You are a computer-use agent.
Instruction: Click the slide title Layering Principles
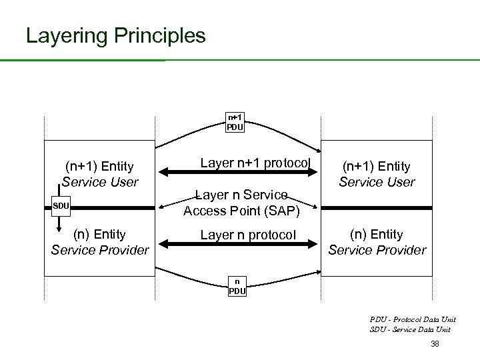coord(115,35)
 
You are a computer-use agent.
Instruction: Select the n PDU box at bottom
coord(236,287)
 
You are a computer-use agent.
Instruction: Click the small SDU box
coord(61,205)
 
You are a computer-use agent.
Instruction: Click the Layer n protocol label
coord(248,235)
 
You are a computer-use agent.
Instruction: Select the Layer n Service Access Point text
coord(241,203)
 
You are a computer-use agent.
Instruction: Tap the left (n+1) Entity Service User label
coord(100,173)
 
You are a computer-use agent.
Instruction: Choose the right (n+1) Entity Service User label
coord(377,174)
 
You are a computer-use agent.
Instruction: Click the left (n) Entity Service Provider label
coord(100,242)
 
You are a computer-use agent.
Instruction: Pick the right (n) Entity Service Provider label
coord(377,242)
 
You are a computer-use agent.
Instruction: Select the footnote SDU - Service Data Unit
coord(409,329)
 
